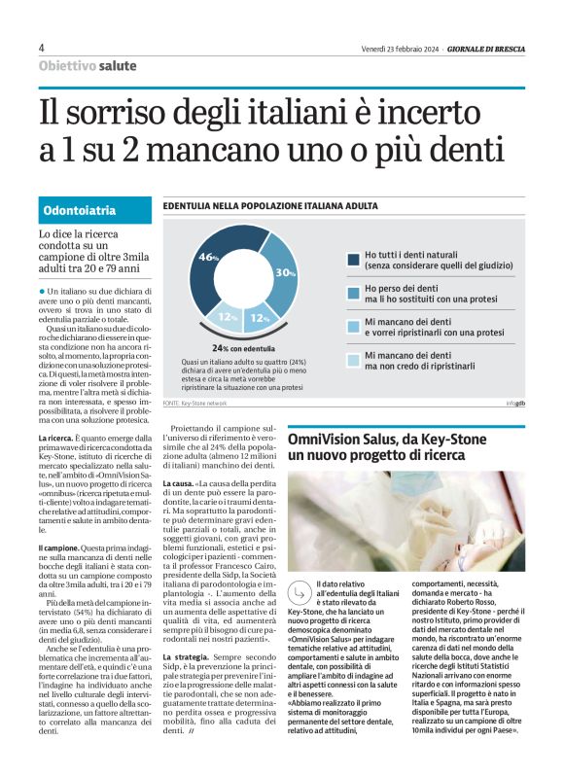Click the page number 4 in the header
(x=42, y=48)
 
